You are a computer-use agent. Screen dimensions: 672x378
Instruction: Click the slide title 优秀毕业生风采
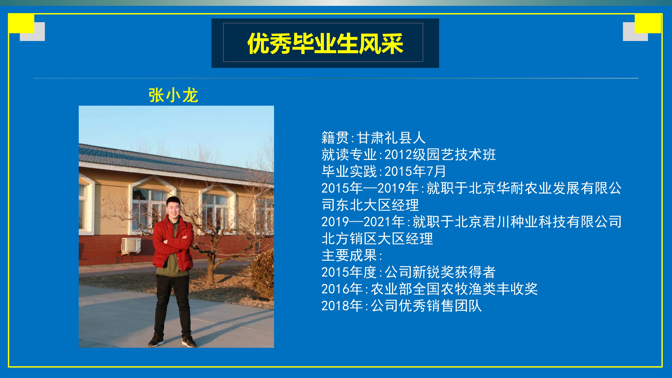[325, 43]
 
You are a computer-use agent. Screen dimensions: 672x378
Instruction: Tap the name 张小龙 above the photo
[173, 95]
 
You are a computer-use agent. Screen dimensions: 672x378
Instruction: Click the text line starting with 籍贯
[373, 138]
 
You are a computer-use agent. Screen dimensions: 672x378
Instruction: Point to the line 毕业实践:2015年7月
[384, 171]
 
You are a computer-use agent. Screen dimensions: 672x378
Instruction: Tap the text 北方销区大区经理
[377, 239]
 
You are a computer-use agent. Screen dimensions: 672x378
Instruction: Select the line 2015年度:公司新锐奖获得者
[408, 272]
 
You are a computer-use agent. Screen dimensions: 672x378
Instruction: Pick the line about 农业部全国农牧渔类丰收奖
[429, 289]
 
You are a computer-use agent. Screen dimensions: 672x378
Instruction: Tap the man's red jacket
[173, 243]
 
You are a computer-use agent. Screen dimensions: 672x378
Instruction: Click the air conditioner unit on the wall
[131, 245]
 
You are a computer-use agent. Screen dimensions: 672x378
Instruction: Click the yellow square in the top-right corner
[648, 24]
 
